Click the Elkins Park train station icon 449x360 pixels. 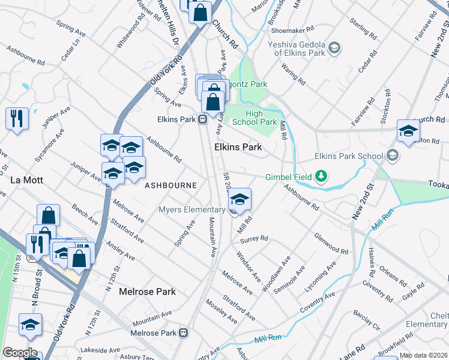(202, 119)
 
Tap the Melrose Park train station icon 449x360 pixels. (185, 333)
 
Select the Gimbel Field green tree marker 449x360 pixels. (322, 176)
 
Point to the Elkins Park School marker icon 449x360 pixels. (392, 156)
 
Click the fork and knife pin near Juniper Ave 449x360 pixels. (17, 118)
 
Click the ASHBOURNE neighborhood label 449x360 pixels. (170, 185)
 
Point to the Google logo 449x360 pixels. (20, 352)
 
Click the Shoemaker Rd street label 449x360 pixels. (292, 29)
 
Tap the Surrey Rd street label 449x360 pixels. (253, 239)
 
